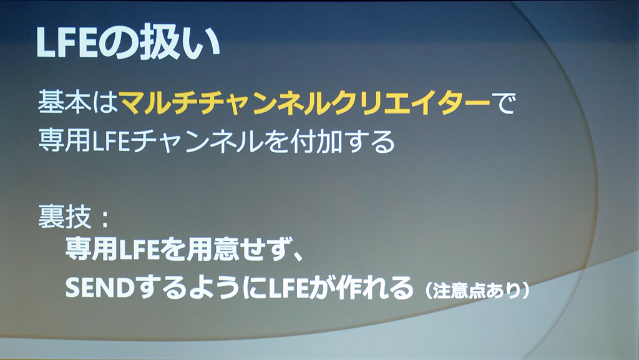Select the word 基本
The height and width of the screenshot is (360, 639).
[x=64, y=102]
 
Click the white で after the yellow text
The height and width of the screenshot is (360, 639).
[x=504, y=102]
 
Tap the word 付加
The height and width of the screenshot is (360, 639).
[x=316, y=141]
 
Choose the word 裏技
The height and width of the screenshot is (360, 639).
[x=64, y=216]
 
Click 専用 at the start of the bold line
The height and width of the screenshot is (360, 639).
[x=91, y=249]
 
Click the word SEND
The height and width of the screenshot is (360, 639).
[x=100, y=288]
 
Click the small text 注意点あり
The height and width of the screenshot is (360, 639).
[x=477, y=291]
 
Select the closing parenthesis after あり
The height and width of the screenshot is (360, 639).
[x=525, y=291]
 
